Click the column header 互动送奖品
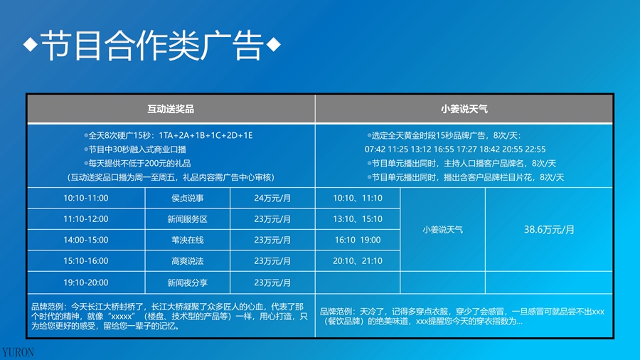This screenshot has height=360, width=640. point(171,109)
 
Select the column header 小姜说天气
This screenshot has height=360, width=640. point(464,109)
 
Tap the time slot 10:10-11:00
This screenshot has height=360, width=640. point(86,198)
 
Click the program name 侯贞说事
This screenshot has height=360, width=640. point(187,198)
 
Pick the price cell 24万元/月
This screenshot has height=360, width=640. point(272,198)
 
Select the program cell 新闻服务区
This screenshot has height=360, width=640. point(187,219)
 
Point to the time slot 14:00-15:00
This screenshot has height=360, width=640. point(86,240)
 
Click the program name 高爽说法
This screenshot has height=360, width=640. point(187,261)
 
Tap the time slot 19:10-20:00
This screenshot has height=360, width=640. point(86,282)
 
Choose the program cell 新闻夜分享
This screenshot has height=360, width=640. point(187,283)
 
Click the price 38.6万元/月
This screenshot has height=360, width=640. point(549,230)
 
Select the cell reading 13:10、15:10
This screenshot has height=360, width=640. point(358,219)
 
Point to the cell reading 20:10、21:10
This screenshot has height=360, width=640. point(358,261)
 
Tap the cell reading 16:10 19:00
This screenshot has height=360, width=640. point(358,240)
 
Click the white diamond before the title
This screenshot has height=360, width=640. point(30,44)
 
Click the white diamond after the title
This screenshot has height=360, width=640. point(274,44)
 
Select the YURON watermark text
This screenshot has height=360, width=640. point(18,352)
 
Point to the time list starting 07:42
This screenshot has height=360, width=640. point(455,149)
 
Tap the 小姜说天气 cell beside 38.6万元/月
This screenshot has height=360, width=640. point(442,230)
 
